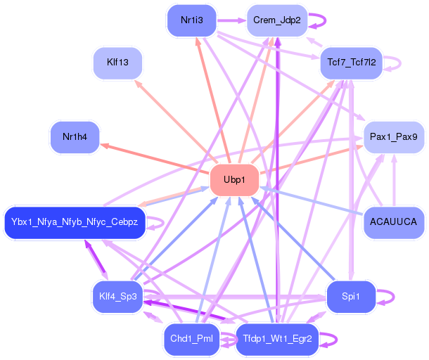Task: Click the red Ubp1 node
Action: click(234, 180)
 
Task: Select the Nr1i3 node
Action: click(192, 20)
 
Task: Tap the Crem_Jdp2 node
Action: click(276, 20)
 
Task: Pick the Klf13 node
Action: click(117, 63)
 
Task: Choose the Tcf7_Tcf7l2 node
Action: click(350, 63)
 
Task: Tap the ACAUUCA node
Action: click(393, 223)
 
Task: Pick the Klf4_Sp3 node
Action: click(117, 297)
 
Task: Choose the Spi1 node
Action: click(350, 297)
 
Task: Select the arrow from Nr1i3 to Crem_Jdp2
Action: click(231, 20)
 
